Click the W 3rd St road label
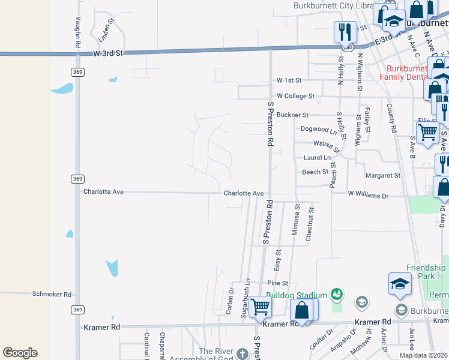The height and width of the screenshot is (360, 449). (108, 53)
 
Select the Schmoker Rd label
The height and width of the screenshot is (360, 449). (52, 295)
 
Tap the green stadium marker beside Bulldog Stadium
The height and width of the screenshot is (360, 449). (337, 294)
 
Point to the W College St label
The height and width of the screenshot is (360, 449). (295, 96)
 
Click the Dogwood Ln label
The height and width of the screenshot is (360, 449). (319, 130)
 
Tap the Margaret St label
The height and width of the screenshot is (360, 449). (383, 176)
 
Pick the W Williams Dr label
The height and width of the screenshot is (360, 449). (368, 195)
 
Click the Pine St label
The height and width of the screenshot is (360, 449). (278, 283)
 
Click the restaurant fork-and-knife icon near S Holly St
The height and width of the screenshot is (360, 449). (345, 31)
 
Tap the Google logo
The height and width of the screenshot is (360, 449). (20, 353)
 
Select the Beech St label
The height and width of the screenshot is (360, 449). (315, 172)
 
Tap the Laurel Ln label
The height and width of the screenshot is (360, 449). (317, 158)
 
